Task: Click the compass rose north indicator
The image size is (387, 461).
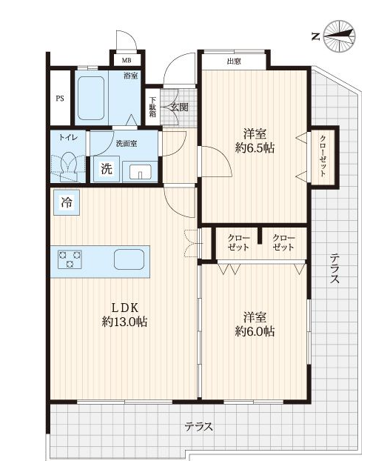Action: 340,36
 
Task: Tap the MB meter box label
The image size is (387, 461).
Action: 127,61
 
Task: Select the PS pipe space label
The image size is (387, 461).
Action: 60,99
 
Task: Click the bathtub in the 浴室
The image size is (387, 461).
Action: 91,98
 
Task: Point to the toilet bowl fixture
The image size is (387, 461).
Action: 69,165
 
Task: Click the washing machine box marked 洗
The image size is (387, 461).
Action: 107,169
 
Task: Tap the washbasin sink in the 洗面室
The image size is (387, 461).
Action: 141,172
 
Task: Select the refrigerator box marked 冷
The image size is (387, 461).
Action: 67,202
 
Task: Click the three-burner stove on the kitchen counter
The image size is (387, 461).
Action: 70,259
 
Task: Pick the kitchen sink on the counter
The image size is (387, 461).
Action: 129,259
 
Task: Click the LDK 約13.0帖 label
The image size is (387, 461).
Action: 124,314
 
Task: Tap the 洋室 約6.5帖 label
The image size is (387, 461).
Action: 255,141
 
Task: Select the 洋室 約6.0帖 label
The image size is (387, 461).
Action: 255,325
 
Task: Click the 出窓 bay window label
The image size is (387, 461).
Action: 234,62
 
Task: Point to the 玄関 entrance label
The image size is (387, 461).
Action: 179,107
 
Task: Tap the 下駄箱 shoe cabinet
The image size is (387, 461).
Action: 152,107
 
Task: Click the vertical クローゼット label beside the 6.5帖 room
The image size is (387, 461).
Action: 323,156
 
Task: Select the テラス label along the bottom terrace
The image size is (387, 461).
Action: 199,426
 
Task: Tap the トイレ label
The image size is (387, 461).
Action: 68,138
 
